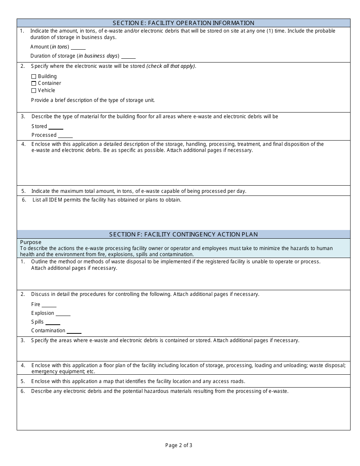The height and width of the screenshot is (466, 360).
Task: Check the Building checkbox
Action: pos(34,77)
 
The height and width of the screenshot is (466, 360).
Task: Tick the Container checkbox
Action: pos(34,83)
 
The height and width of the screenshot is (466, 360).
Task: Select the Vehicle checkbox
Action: pos(34,91)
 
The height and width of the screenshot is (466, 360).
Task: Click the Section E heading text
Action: pos(183,23)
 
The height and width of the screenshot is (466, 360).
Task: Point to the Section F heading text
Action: pos(183,235)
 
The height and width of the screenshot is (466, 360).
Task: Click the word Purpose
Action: pos(31,242)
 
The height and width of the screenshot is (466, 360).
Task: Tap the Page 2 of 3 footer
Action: pos(178,446)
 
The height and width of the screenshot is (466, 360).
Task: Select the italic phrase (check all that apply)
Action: pos(171,66)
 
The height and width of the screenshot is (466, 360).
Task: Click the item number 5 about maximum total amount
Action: pos(23,191)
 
